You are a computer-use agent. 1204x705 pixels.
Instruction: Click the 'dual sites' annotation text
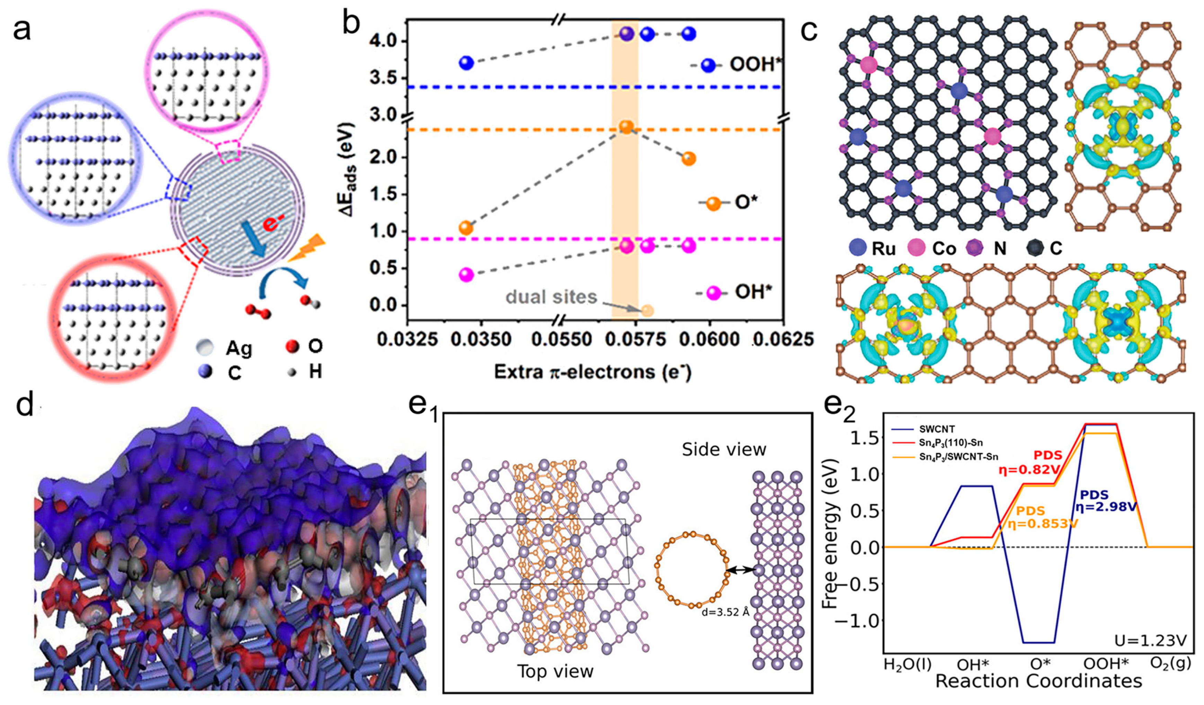point(551,297)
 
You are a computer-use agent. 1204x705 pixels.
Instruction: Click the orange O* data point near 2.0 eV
point(689,159)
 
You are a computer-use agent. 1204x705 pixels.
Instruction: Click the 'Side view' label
point(724,449)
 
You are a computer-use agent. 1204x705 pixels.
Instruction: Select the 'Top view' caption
point(555,671)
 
